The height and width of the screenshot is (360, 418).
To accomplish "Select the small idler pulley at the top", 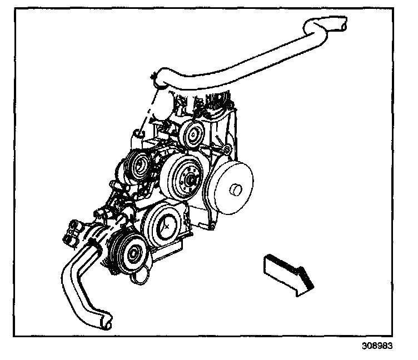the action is tap(193, 133).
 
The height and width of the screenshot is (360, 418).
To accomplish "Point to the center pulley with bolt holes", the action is tap(187, 178).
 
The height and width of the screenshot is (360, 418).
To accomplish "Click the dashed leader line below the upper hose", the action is tap(148, 111).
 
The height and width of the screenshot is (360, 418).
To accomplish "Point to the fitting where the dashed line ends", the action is tap(138, 135).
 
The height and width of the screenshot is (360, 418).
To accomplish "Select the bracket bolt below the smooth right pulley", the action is tap(211, 225).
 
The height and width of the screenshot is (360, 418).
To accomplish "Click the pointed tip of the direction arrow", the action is tap(312, 287).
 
